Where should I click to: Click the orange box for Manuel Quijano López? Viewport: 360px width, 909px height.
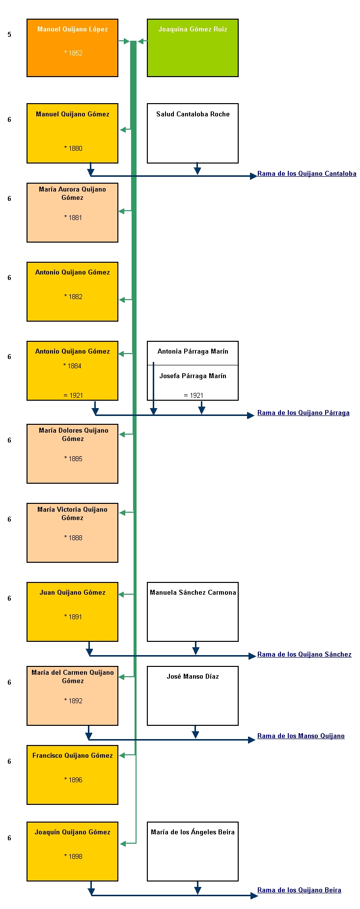72,48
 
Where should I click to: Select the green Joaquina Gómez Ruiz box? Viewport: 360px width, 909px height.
193,48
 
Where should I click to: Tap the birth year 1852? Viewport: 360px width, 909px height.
73,53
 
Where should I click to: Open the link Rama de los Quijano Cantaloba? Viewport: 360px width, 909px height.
307,173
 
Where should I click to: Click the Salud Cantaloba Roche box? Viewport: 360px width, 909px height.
193,133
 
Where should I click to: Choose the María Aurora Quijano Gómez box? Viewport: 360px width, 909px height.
72,213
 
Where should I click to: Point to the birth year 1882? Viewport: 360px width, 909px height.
73,297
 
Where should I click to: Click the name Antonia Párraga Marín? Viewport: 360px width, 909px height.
193,351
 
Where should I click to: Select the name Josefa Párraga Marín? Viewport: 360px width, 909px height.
193,376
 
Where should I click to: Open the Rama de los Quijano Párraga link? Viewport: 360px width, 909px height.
304,413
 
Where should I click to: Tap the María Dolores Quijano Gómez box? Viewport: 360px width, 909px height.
72,454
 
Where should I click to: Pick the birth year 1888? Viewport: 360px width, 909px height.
73,538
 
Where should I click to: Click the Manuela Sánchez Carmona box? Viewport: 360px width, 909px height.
193,612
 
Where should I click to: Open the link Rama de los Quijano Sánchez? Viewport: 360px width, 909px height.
305,654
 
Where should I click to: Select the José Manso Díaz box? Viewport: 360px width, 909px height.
193,696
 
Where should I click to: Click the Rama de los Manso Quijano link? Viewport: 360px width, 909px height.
301,736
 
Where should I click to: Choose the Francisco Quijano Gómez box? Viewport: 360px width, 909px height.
72,775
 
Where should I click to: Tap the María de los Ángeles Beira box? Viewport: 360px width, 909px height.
193,852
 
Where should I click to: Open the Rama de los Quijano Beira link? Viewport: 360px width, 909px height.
299,890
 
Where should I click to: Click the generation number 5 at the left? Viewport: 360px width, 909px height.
9,35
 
